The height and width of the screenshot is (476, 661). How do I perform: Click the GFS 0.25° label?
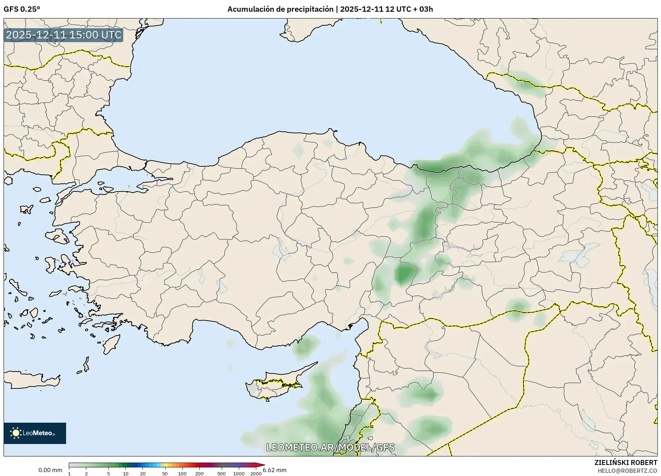click(22, 9)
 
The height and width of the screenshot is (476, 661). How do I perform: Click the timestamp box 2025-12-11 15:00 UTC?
click(64, 35)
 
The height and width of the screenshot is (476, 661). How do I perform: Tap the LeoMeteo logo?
click(35, 433)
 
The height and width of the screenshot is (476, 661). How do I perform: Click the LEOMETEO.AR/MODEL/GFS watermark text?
click(330, 447)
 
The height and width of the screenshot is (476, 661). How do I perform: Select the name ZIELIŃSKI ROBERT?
click(625, 462)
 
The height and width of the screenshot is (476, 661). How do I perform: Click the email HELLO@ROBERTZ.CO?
click(627, 471)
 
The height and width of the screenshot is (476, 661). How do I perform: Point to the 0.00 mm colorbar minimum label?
click(50, 470)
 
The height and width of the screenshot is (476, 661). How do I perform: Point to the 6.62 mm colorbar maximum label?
click(275, 470)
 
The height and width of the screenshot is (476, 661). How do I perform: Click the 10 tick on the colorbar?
click(125, 473)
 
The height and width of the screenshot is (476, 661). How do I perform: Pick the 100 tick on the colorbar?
click(182, 473)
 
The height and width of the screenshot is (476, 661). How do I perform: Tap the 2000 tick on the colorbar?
click(256, 473)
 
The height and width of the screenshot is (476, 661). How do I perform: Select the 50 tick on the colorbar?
click(165, 473)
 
